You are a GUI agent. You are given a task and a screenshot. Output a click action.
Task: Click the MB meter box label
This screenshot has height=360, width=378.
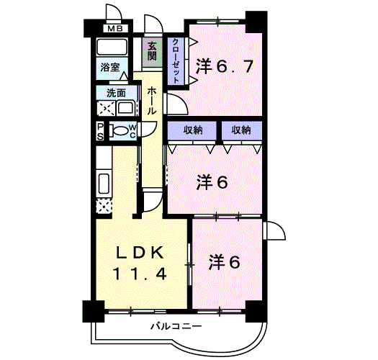(x=114, y=30)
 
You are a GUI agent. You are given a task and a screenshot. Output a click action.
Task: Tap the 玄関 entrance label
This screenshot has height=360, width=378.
(x=153, y=53)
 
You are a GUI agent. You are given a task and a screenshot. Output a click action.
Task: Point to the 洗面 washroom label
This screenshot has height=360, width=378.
(x=116, y=93)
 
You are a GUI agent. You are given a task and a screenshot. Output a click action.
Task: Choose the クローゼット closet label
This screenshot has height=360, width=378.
(x=176, y=60)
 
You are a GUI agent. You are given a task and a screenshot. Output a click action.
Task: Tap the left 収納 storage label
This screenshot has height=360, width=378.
(x=192, y=130)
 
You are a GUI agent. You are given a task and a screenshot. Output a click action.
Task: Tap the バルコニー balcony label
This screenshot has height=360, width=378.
(x=171, y=326)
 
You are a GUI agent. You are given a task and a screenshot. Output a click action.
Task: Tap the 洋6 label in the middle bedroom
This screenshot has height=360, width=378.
(x=212, y=182)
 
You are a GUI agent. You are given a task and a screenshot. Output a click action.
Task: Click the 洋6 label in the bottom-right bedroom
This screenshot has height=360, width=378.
(x=225, y=260)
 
